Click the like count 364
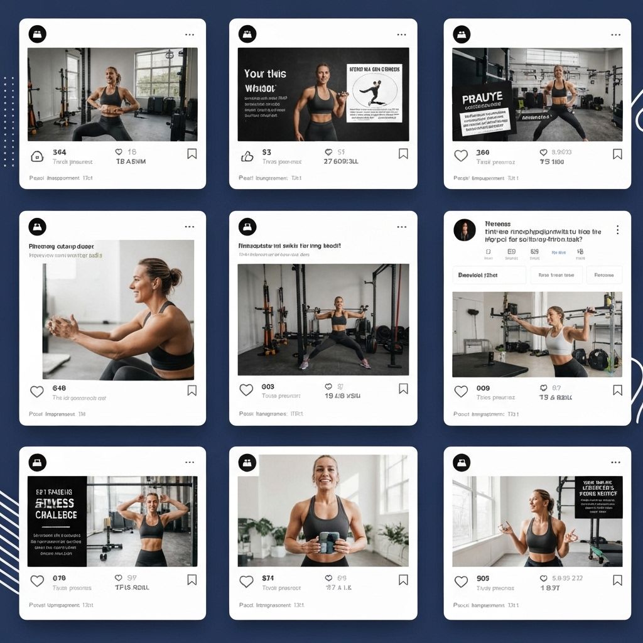[x=60, y=153]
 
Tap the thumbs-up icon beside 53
[x=247, y=156]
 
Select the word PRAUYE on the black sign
[x=482, y=99]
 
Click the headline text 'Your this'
[x=265, y=74]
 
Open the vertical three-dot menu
[x=618, y=230]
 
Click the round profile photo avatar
[x=465, y=230]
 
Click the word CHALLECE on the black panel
[x=57, y=515]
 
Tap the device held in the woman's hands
[x=329, y=542]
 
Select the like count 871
[x=268, y=578]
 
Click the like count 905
[x=483, y=578]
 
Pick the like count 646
[x=60, y=388]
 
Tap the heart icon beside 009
[x=461, y=391]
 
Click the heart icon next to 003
[x=246, y=390]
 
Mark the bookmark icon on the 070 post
[x=192, y=580]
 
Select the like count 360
[x=483, y=153]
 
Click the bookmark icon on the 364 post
[x=192, y=154]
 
